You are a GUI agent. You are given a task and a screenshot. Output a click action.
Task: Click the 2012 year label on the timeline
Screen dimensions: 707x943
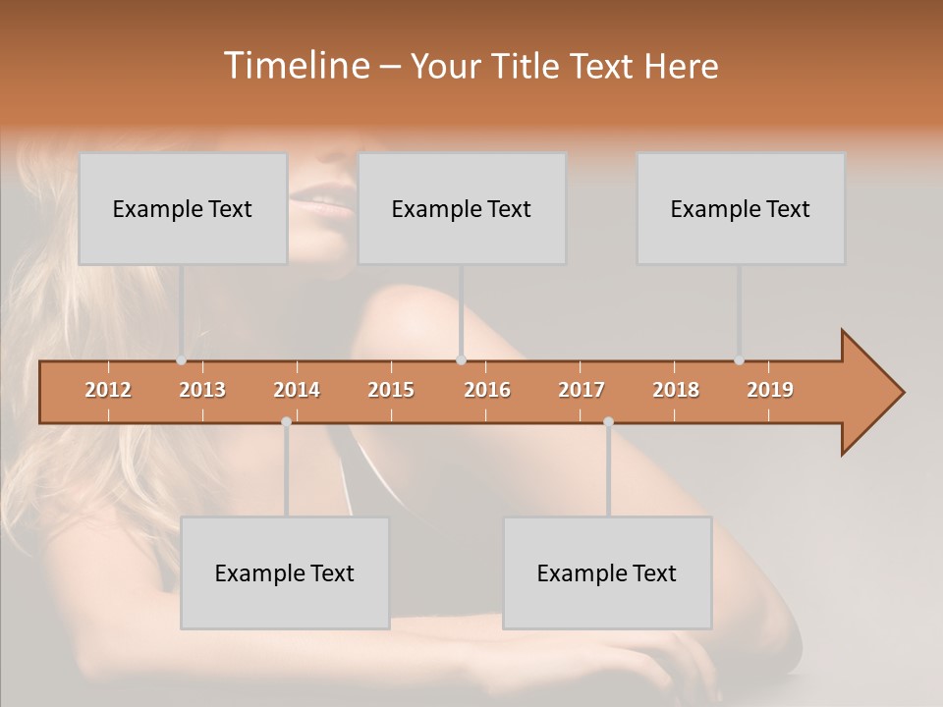point(108,390)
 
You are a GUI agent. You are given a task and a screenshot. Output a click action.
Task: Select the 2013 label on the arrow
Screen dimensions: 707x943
point(202,390)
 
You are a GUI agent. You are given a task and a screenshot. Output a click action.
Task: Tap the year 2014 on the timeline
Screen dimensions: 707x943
point(297,390)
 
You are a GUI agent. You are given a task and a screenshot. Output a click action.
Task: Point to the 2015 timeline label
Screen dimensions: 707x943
point(391,390)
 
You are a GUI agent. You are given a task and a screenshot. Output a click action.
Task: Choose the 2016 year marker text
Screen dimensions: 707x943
point(487,390)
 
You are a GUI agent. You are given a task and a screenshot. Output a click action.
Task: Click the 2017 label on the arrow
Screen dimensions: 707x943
point(582,390)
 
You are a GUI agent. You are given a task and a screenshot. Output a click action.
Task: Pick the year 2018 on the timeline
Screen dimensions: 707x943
point(676,390)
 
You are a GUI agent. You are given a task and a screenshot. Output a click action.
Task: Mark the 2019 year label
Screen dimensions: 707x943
point(770,390)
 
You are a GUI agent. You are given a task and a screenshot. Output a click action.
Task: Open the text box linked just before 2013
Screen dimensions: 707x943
point(183,208)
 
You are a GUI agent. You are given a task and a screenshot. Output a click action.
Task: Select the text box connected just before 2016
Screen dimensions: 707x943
point(462,208)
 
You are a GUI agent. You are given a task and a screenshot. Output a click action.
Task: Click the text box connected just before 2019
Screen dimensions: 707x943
point(741,208)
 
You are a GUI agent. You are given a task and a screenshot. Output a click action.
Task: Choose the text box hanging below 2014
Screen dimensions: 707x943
point(285,572)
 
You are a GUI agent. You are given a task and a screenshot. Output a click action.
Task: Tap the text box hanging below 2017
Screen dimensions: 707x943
point(607,572)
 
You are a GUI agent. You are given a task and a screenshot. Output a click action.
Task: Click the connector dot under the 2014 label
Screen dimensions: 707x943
point(286,421)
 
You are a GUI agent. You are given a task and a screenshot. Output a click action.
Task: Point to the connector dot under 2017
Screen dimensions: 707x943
point(608,421)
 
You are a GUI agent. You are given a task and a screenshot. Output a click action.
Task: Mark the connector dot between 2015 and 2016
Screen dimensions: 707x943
point(461,360)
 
